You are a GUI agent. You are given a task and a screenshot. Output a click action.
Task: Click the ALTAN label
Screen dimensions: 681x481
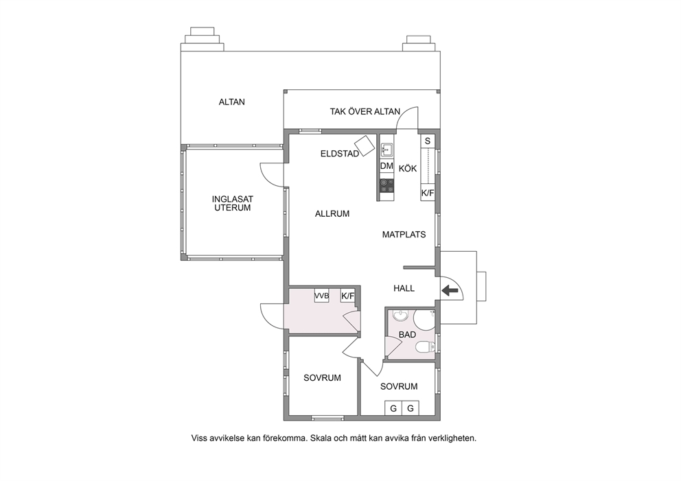[x=231, y=102]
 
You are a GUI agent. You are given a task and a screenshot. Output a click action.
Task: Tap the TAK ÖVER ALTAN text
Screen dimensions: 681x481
[x=365, y=112]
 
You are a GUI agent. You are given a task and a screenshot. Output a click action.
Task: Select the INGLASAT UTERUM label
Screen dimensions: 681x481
[x=232, y=203]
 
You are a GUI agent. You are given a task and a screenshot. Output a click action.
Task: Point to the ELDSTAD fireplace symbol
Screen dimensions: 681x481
[x=365, y=145]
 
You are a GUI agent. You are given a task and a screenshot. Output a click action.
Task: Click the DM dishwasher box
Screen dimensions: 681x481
[x=386, y=166]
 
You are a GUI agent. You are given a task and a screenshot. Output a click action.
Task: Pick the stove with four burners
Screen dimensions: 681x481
[x=386, y=185]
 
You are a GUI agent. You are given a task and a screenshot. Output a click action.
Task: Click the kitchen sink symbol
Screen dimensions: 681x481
[x=386, y=150]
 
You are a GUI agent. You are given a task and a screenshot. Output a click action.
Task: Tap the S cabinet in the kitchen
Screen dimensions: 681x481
[x=428, y=141]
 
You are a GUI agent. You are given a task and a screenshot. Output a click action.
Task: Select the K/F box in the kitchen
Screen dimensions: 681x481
[x=428, y=193]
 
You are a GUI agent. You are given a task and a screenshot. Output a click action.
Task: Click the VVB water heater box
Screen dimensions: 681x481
[x=322, y=296]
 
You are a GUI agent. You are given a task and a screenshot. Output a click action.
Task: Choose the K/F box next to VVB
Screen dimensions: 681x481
[x=348, y=296]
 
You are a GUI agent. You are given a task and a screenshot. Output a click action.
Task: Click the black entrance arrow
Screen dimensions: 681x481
[x=450, y=291]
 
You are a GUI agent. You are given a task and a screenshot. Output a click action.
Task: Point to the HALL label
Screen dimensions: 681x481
[x=404, y=288]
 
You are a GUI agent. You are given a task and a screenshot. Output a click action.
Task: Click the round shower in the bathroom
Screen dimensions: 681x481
[x=424, y=320]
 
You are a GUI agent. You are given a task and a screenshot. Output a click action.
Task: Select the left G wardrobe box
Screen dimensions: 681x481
[x=393, y=408]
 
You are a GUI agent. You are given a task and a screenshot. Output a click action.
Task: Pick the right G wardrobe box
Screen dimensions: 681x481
[x=411, y=408]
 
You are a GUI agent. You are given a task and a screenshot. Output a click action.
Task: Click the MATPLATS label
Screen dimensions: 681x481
[x=404, y=235]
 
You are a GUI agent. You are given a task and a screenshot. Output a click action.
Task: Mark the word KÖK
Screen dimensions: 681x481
[x=408, y=168]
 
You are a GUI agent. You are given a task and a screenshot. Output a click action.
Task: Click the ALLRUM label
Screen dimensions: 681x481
[x=332, y=214]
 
